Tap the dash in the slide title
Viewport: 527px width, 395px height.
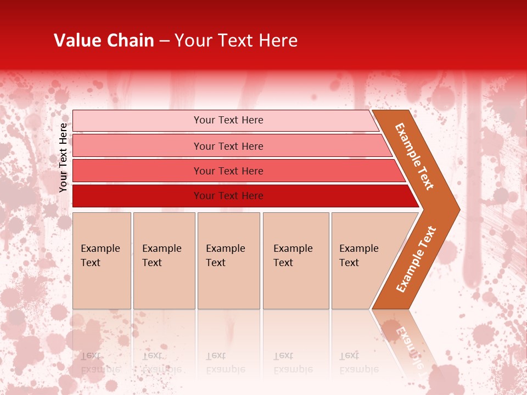point(164,41)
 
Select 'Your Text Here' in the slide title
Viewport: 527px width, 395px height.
point(236,40)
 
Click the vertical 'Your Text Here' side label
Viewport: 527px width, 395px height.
point(63,157)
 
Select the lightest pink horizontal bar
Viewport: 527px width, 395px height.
point(228,120)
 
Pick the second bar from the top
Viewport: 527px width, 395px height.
point(228,146)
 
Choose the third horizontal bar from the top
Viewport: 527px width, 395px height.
point(228,171)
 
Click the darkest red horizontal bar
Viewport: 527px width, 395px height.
point(228,196)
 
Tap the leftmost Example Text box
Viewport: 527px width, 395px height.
point(102,260)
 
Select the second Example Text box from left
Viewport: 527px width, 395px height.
point(164,260)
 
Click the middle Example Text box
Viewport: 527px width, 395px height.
point(228,260)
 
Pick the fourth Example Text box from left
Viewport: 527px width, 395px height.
point(295,260)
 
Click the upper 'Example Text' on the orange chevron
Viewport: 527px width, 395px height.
point(414,156)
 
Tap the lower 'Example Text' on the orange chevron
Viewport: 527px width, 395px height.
point(416,259)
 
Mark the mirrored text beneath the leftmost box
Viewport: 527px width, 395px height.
point(100,362)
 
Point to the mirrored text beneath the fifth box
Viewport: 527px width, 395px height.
point(359,362)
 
